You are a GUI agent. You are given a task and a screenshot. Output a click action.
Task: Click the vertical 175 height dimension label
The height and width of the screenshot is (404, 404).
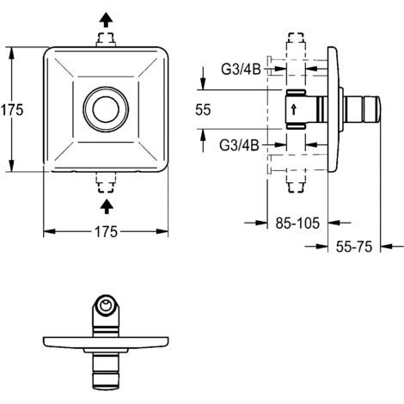pos(12,109)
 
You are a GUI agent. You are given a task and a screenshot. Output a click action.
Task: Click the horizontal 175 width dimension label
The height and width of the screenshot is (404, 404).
pos(106,231)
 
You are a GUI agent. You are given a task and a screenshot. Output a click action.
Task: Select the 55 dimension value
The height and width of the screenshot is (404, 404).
pos(203,109)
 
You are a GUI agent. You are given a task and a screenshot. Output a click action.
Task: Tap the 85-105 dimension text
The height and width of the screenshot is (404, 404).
pos(297,223)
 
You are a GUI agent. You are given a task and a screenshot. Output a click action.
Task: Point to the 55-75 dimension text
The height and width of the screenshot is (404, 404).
pos(354,247)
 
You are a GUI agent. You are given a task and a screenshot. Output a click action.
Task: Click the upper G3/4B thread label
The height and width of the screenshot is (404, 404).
pos(241,69)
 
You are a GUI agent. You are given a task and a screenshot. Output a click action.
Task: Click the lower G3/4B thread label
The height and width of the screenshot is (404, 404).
pos(239,145)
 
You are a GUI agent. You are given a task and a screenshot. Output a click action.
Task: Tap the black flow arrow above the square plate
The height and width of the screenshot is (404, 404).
pos(106,20)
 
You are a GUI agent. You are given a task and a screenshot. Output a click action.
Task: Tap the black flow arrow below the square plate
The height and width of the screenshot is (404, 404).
pos(107,206)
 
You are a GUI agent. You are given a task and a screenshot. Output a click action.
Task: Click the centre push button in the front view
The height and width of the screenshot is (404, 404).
pos(106,109)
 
